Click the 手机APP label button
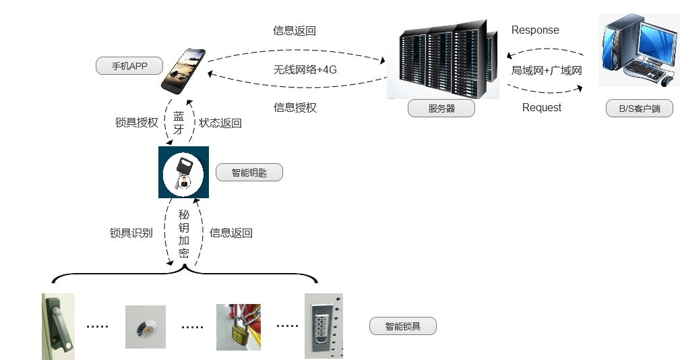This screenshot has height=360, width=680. (x=129, y=66)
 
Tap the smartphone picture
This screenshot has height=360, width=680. (x=183, y=71)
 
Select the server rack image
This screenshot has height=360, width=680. (x=443, y=59)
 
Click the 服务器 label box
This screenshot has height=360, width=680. (x=441, y=109)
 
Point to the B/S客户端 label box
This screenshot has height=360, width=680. (x=640, y=109)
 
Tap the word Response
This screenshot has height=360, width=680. (x=535, y=30)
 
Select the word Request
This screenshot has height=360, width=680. (x=542, y=108)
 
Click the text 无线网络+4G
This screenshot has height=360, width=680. (x=305, y=69)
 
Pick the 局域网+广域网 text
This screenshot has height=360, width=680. (x=547, y=70)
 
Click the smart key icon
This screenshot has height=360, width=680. (x=183, y=172)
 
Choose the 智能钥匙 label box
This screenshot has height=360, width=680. (x=249, y=173)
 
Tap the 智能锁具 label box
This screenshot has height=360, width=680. (x=403, y=326)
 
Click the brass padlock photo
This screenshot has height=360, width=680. (x=239, y=327)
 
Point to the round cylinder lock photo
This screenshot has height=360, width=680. (x=146, y=326)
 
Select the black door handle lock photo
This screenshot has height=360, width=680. (x=58, y=326)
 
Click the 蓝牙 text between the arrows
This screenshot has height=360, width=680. (x=179, y=123)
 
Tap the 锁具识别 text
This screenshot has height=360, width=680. (x=131, y=233)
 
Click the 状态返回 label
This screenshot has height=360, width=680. (x=220, y=123)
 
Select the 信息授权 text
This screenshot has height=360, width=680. (x=295, y=108)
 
